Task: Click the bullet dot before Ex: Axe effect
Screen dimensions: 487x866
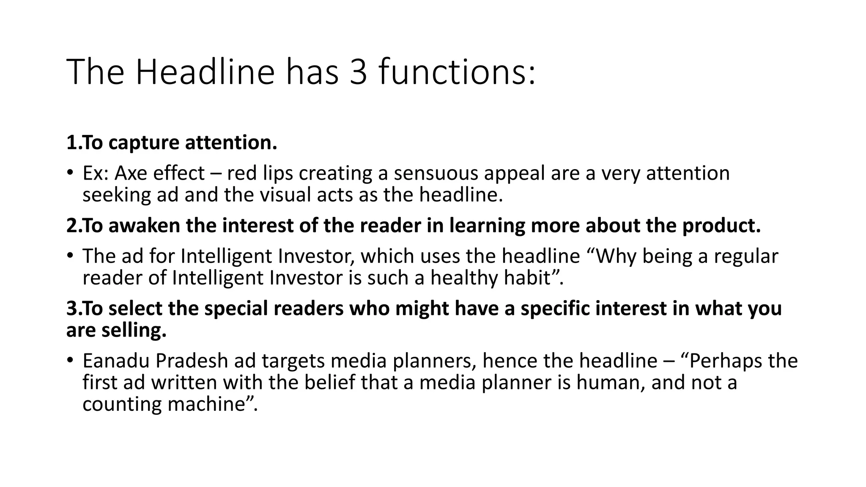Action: click(x=70, y=173)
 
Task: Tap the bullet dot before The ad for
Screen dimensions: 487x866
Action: click(x=70, y=256)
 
